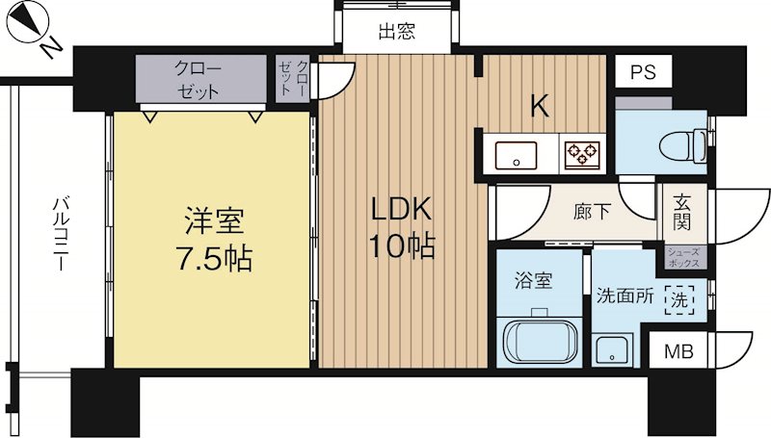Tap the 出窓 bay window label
396,31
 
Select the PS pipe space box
643,73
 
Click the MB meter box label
679,351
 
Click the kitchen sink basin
518,152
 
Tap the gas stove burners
582,152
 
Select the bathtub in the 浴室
540,338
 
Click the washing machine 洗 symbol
681,298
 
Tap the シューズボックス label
685,256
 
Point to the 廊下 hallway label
592,212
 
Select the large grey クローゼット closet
201,80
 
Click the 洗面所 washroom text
626,297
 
